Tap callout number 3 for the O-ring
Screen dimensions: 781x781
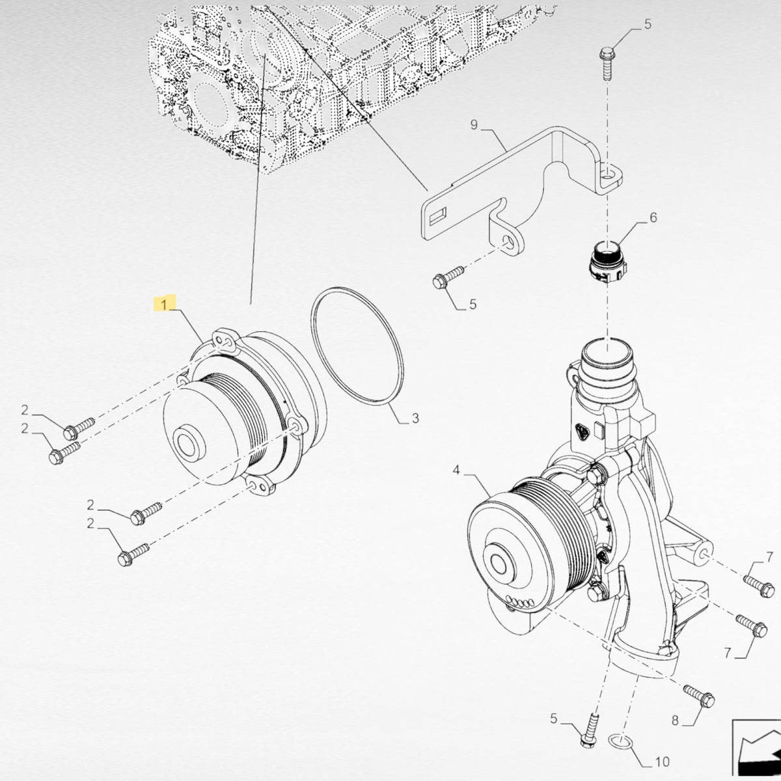click(x=415, y=418)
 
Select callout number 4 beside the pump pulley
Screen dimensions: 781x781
click(x=456, y=471)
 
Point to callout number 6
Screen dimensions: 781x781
click(x=653, y=217)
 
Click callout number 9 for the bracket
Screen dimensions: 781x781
click(x=474, y=125)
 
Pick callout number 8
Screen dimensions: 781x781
click(x=674, y=720)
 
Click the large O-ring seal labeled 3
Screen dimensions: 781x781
click(x=356, y=346)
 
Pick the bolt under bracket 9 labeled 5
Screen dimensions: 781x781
click(x=448, y=277)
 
